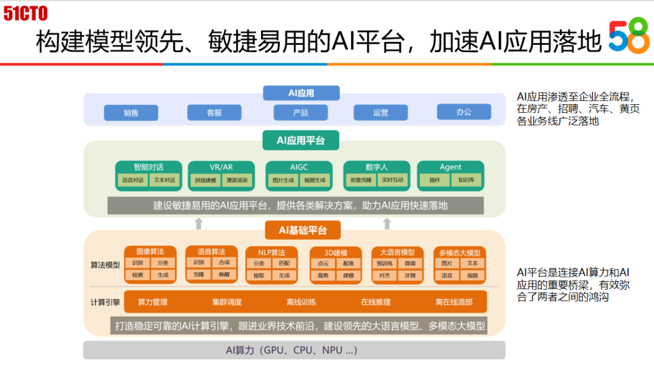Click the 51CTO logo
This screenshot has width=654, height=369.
(25, 13)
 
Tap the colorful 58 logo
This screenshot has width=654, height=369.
(629, 37)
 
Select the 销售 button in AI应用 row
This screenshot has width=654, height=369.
(131, 113)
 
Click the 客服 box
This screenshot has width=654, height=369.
(214, 113)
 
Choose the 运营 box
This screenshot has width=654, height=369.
(380, 113)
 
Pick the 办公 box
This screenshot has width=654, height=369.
(464, 112)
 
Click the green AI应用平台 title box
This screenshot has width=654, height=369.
(300, 141)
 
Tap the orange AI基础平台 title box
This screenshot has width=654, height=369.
(302, 230)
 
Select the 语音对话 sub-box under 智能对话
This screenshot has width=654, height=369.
(133, 180)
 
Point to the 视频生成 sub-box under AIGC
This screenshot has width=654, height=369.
(315, 180)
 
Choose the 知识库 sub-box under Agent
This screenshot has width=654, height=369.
(466, 180)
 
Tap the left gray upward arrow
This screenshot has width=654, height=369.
(198, 224)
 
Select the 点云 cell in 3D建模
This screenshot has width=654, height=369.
(323, 264)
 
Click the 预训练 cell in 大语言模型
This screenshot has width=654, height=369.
(385, 264)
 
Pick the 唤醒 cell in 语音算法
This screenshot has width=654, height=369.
(224, 274)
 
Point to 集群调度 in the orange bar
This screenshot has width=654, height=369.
(227, 302)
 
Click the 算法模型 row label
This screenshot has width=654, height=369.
(105, 265)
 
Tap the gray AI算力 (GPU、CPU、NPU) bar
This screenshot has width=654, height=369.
(294, 350)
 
